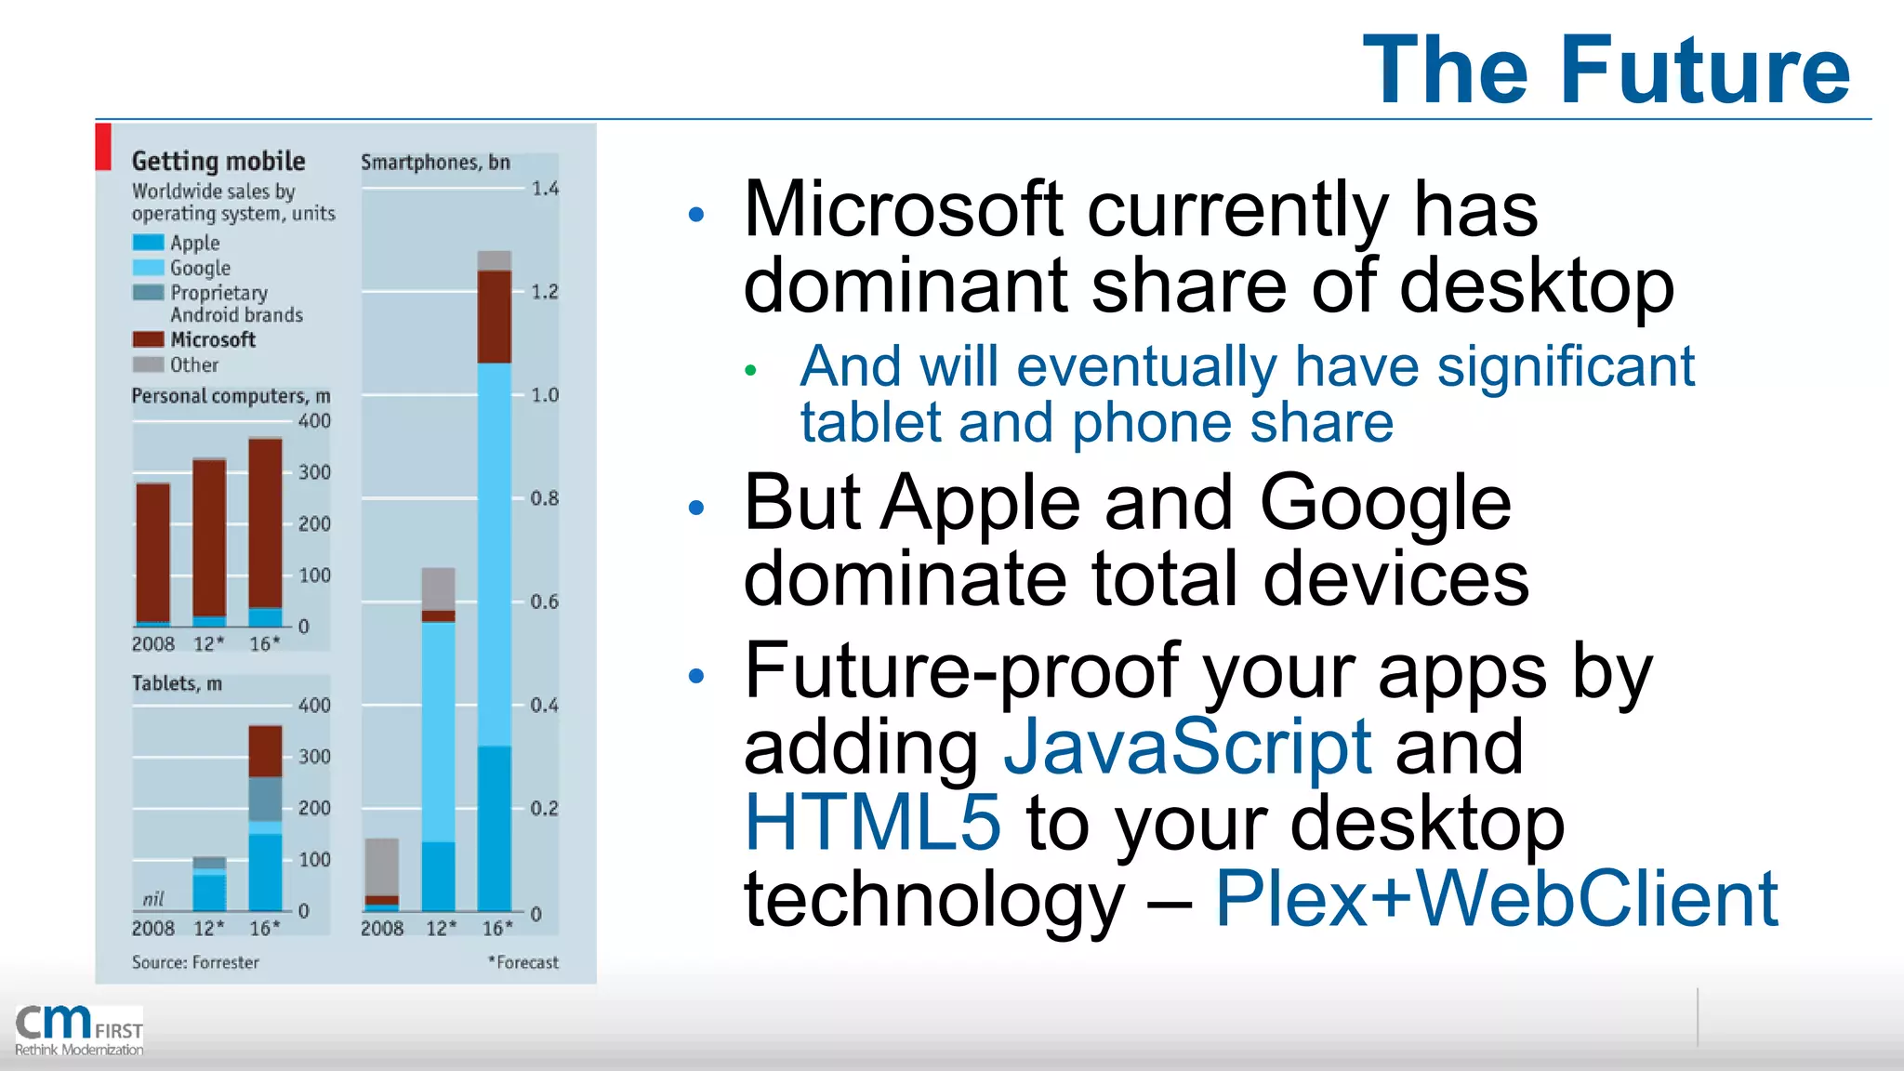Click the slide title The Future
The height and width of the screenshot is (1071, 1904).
(1606, 70)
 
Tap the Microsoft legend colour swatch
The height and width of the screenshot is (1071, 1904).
(148, 339)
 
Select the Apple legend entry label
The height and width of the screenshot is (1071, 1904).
(194, 243)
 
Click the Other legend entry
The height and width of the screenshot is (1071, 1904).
(194, 364)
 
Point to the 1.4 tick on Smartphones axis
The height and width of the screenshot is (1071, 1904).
(545, 189)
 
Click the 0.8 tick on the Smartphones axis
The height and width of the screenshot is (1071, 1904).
(545, 498)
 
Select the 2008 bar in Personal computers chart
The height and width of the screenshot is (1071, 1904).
(153, 553)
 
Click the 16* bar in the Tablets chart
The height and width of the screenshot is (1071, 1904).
(265, 818)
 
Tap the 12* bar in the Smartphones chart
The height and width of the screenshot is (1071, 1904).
(438, 739)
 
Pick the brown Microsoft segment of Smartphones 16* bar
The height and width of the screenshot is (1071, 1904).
(494, 316)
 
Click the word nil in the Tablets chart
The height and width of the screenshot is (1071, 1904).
(153, 899)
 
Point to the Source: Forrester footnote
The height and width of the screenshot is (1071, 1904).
(195, 962)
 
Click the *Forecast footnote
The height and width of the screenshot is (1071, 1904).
(523, 962)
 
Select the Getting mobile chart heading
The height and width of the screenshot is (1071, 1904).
(218, 161)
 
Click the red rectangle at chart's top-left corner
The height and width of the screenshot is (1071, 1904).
(103, 147)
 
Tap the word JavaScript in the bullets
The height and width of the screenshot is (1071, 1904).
(1187, 746)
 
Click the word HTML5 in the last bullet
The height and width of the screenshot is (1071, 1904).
(872, 822)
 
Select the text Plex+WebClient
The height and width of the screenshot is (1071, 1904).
(1496, 898)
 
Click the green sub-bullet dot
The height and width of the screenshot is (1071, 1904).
(750, 371)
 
